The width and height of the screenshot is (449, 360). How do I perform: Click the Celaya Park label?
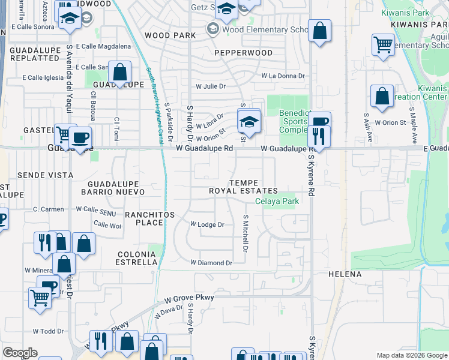(x=277, y=202)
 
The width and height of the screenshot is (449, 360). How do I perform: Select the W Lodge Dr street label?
(x=207, y=224)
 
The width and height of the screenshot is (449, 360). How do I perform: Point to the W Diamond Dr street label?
(x=211, y=263)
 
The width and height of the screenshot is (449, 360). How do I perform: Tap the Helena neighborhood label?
(x=345, y=274)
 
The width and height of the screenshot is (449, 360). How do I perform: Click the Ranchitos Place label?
(x=149, y=218)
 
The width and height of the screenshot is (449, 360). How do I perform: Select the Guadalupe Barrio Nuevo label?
(x=116, y=187)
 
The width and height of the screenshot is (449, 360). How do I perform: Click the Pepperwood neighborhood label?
(x=244, y=53)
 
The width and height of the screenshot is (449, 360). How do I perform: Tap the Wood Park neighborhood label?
(x=170, y=35)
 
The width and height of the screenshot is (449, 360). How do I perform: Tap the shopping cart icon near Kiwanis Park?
(x=382, y=45)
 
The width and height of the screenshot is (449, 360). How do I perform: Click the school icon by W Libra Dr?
(x=249, y=121)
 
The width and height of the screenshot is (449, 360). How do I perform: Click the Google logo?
(x=20, y=353)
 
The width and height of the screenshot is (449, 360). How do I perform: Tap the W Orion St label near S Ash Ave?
(x=390, y=122)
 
